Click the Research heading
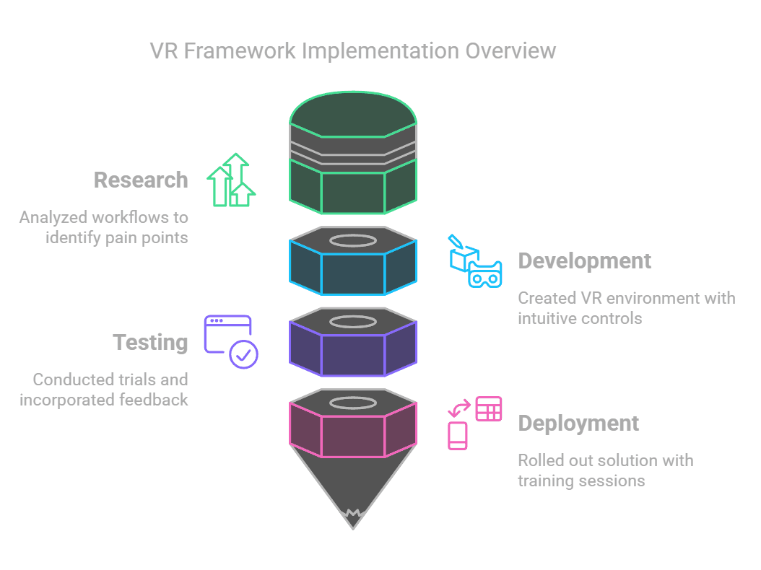(x=141, y=180)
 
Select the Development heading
(x=584, y=261)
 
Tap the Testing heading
(x=150, y=343)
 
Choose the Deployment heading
(x=578, y=424)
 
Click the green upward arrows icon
(x=231, y=180)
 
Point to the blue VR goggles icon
(x=485, y=275)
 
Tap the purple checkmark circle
(x=243, y=354)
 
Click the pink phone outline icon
(x=457, y=436)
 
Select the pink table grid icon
(x=489, y=408)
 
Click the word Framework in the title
(x=239, y=51)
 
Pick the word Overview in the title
(x=510, y=51)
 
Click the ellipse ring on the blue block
(x=353, y=234)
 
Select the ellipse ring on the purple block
(x=353, y=315)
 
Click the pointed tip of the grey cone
(x=353, y=529)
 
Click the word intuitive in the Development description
(x=547, y=318)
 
